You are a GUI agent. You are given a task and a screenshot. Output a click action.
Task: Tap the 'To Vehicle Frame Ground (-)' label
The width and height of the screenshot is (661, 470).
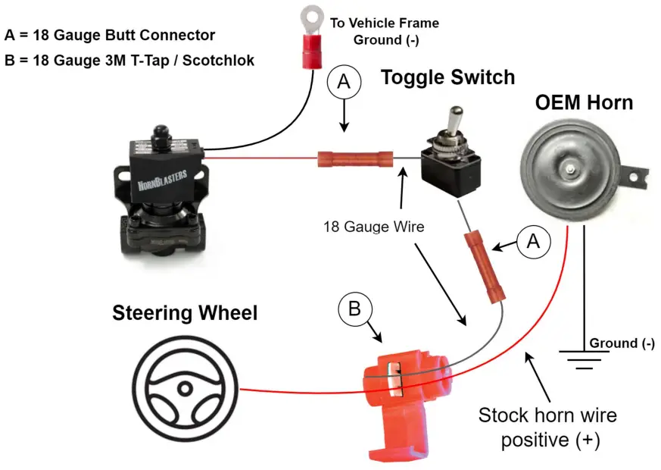(x=384, y=31)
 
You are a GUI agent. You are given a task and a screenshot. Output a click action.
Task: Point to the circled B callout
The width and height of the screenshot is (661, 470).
(x=354, y=310)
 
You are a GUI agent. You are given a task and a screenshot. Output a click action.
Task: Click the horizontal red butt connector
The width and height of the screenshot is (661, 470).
(x=355, y=159)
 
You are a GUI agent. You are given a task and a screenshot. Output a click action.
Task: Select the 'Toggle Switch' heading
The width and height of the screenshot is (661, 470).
(x=447, y=77)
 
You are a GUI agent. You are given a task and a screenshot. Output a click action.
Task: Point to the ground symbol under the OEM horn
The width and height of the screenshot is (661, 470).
(x=583, y=359)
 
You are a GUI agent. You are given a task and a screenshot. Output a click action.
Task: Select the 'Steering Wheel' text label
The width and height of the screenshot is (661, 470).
(x=185, y=312)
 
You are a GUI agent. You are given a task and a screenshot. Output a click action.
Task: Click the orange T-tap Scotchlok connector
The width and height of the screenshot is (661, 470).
(x=399, y=395)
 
